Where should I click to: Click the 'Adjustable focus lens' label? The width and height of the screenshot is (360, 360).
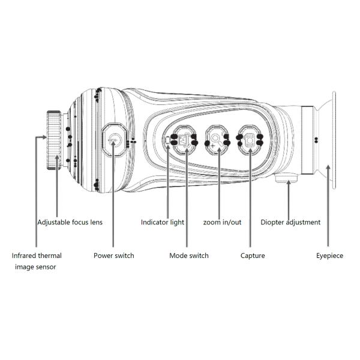[x=70, y=222]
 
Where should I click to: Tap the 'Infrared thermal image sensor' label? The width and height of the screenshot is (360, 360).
[x=37, y=260]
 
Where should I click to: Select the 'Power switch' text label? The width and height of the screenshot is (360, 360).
[x=113, y=256]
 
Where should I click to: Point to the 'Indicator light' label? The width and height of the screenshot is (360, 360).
[x=163, y=222]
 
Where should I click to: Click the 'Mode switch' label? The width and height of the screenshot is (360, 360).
[x=189, y=256]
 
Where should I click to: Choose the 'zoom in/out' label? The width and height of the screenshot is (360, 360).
[x=222, y=222]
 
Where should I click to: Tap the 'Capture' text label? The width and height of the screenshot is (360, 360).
[x=253, y=256]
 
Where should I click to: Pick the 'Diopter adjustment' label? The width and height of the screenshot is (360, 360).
[x=290, y=222]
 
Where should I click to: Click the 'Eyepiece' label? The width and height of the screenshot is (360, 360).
[x=329, y=256]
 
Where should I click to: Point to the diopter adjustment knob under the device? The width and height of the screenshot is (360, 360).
[x=287, y=178]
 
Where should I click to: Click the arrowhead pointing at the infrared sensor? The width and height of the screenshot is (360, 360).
[x=38, y=137]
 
